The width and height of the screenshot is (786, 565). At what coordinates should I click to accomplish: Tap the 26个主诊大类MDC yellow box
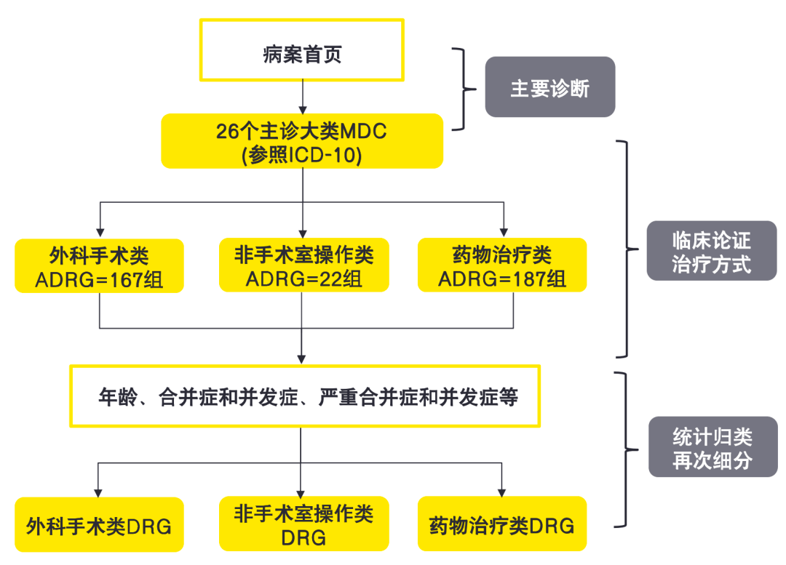(x=301, y=141)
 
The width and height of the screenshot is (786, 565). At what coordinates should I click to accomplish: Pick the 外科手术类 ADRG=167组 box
(x=99, y=265)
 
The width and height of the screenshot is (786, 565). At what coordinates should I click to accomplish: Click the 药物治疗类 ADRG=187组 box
(x=502, y=265)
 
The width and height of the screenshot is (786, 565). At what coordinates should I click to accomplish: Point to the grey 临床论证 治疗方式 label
(x=711, y=251)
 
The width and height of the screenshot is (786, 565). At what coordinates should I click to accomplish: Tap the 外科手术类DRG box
(x=99, y=524)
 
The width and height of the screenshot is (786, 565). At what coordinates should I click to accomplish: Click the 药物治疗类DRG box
(x=502, y=524)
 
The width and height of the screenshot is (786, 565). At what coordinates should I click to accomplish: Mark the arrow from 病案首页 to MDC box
(x=302, y=96)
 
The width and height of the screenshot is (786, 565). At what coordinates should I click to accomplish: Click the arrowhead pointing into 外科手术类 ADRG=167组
(x=99, y=231)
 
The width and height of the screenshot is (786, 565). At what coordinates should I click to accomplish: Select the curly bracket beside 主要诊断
(x=461, y=89)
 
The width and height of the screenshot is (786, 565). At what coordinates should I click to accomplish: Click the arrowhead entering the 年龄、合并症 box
(x=302, y=358)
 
